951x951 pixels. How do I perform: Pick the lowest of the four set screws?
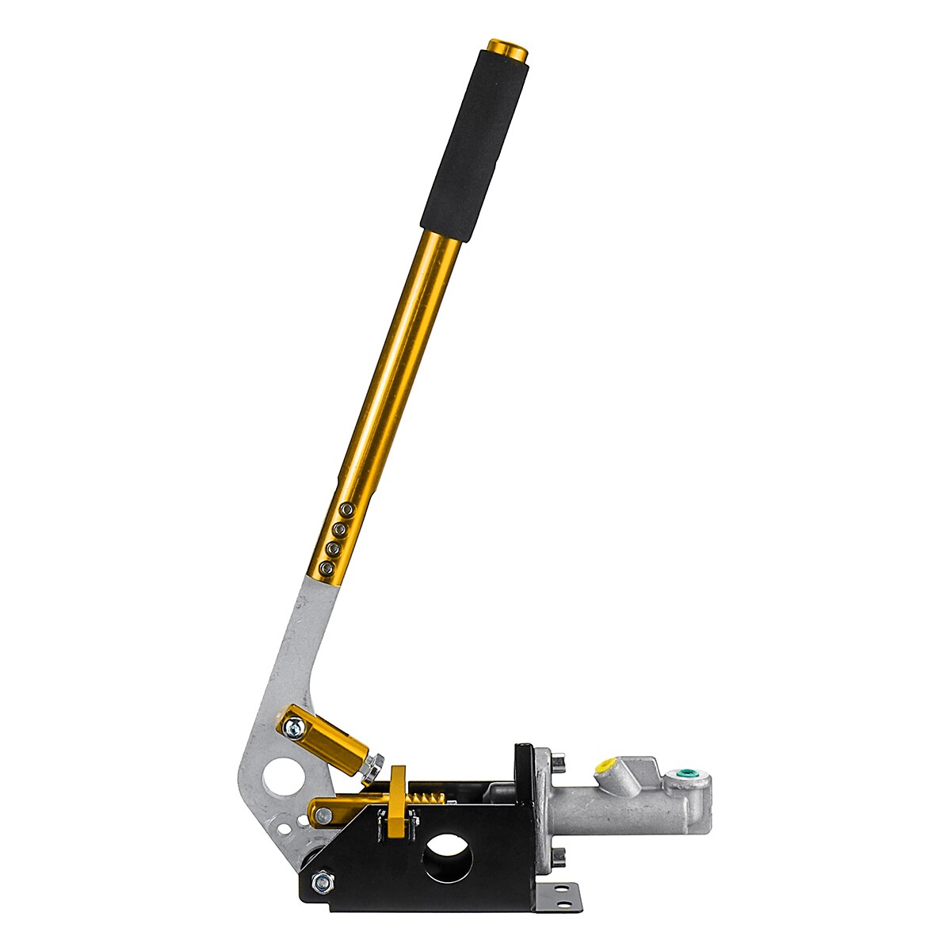click(x=325, y=568)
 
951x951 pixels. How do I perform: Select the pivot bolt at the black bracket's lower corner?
click(x=323, y=880)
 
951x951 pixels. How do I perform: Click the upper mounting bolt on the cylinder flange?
click(x=560, y=762)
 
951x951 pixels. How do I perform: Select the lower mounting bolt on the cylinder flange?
click(x=559, y=856)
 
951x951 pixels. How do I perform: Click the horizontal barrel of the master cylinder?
click(x=626, y=808)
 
